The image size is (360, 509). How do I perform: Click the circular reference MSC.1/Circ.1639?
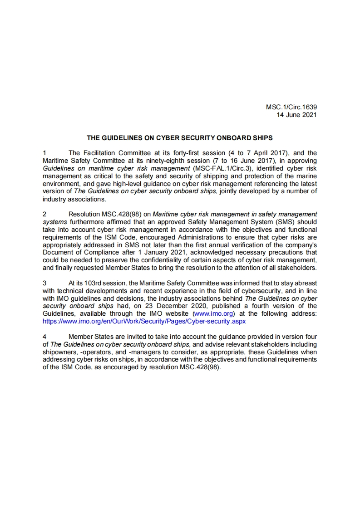click(291, 108)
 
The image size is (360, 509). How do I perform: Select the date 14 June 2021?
click(297, 115)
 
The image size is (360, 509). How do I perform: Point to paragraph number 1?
click(44, 153)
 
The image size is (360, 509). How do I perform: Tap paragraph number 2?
click(44, 214)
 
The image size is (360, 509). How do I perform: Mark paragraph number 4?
click(44, 337)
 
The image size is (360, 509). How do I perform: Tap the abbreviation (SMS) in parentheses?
click(288, 221)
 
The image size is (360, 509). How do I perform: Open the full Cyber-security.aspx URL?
click(144, 321)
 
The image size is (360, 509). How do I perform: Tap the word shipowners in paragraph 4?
click(59, 352)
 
